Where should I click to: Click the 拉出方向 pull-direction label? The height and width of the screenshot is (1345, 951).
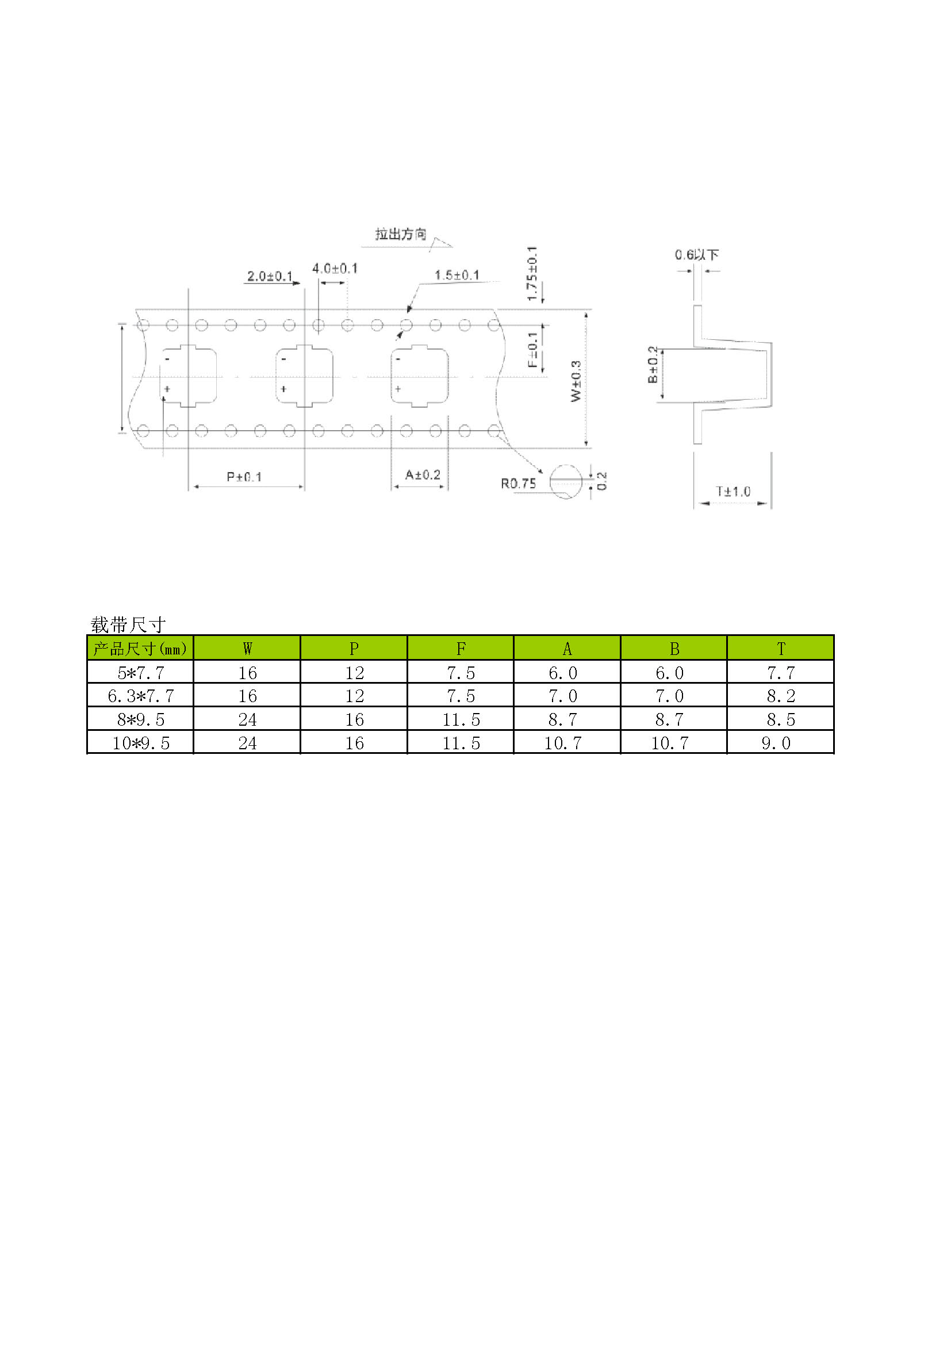[401, 234]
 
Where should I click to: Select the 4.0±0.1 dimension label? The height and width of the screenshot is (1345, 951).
[335, 269]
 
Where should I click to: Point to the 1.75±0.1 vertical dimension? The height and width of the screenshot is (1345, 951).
[532, 274]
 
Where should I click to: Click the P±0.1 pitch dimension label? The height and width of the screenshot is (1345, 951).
[244, 477]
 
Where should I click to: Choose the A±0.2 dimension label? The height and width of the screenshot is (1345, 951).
[423, 474]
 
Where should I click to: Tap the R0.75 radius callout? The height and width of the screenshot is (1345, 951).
[518, 483]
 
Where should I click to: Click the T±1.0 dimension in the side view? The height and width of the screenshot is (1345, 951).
[733, 492]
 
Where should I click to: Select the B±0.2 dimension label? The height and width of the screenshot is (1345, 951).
[653, 365]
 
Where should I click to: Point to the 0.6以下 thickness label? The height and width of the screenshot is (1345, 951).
[697, 255]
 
